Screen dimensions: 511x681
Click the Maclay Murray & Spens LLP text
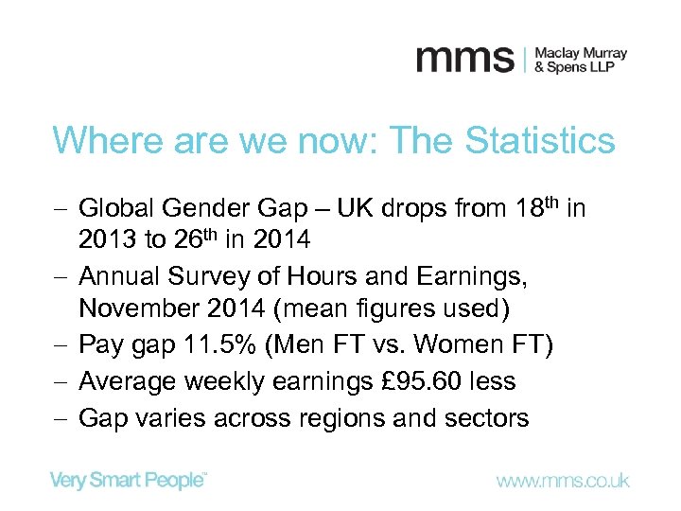pyautogui.click(x=580, y=60)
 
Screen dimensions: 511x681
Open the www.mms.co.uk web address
pyautogui.click(x=562, y=481)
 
